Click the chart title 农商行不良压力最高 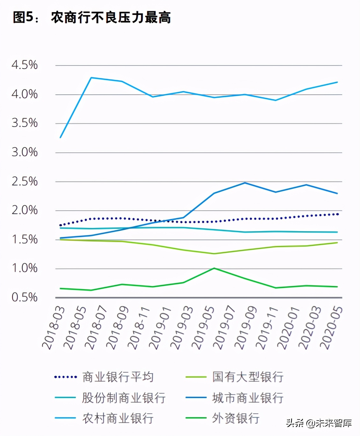(x=111, y=17)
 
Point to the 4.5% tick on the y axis (x=25, y=65)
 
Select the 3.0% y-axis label (x=25, y=152)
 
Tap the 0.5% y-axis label (x=25, y=298)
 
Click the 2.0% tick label (x=25, y=210)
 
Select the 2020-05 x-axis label (x=332, y=328)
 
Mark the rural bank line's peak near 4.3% (x=91, y=78)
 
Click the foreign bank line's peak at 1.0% (x=214, y=268)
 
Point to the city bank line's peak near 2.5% (x=245, y=183)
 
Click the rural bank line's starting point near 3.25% (x=61, y=137)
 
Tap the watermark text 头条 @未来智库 (x=319, y=423)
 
